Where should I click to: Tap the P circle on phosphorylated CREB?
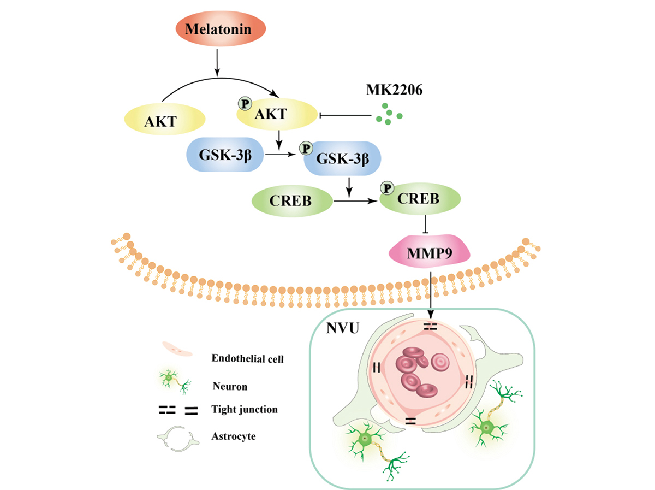coord(388,189)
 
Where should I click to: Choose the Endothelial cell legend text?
coord(243,359)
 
